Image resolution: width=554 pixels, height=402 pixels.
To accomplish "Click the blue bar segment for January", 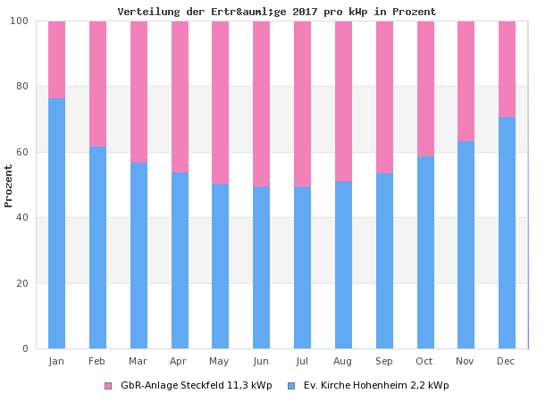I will [56, 223].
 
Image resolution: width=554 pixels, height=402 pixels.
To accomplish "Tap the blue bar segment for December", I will [507, 232].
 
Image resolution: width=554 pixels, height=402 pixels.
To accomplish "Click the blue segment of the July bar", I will [302, 268].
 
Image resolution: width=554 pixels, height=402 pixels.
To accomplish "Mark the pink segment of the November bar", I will [466, 80].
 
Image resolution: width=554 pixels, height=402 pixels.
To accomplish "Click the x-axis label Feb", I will [97, 361].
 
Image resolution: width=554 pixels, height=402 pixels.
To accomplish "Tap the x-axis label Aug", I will [342, 361].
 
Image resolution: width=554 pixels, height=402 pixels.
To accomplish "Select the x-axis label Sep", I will [384, 361].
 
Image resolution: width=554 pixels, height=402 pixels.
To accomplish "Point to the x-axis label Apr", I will [179, 361].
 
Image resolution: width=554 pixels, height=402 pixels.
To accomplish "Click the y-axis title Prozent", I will [9, 186].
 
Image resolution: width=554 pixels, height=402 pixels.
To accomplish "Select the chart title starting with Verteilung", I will [277, 12].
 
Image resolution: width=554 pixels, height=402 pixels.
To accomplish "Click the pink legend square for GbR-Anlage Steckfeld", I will [108, 386].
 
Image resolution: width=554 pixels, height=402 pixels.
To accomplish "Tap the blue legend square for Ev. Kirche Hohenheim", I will [291, 386].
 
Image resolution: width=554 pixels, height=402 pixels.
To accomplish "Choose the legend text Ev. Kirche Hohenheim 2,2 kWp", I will [375, 386].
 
